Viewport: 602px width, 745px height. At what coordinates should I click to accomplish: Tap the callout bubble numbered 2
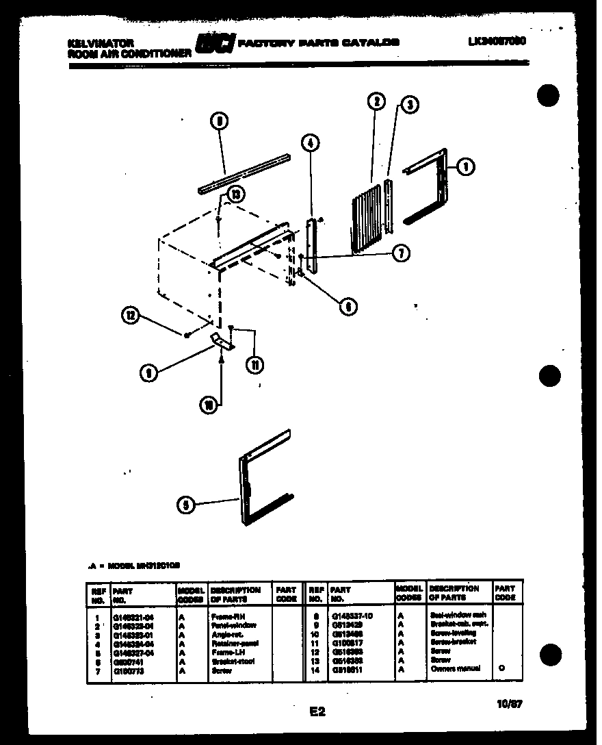point(376,102)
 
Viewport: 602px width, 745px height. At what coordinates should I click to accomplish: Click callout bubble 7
point(401,254)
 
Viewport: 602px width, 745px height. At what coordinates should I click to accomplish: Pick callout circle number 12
point(130,316)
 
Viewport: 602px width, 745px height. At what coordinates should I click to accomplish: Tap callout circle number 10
point(208,405)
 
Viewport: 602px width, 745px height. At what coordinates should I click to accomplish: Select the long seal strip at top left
point(244,172)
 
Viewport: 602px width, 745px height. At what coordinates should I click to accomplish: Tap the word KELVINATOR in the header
point(96,42)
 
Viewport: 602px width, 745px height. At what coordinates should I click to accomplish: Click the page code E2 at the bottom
point(317,712)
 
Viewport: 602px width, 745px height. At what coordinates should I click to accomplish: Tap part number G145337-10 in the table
point(352,616)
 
